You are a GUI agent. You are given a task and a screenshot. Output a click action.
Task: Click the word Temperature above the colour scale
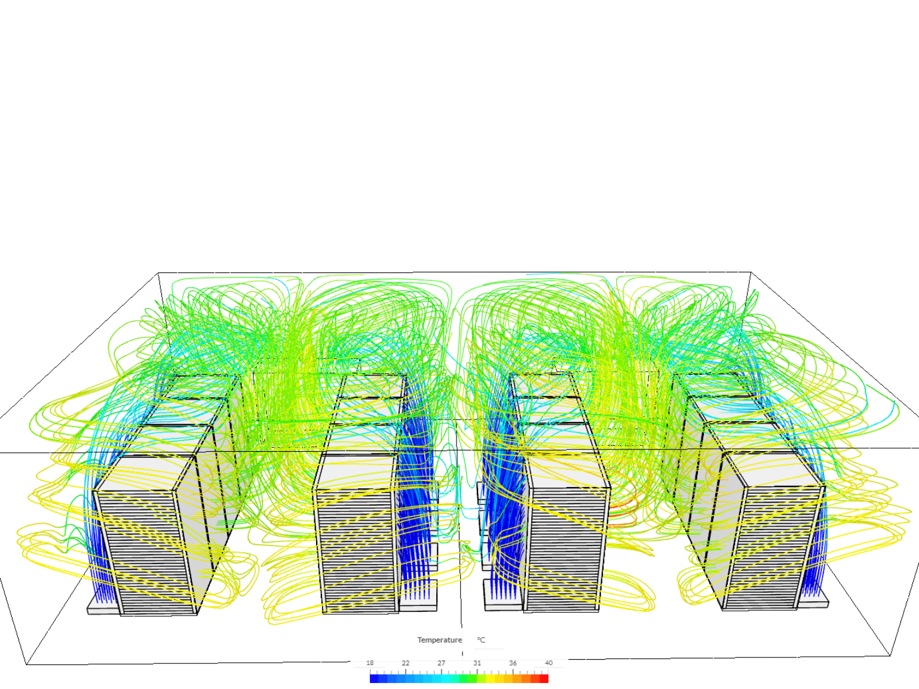tap(439, 640)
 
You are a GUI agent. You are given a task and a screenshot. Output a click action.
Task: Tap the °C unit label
tap(481, 640)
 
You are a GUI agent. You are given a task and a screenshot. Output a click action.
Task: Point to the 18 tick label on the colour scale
tap(370, 663)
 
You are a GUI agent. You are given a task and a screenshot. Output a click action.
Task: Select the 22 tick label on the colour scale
tap(406, 663)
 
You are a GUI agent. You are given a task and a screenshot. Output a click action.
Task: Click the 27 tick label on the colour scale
tap(441, 663)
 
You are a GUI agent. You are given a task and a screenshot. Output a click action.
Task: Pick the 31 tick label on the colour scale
tap(477, 663)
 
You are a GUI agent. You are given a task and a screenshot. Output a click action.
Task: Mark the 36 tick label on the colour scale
tap(513, 663)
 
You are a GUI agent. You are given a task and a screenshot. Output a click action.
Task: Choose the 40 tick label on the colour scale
tap(549, 663)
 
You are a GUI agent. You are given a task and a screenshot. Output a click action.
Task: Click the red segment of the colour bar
tap(544, 678)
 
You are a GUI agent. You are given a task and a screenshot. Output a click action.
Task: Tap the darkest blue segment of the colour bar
tap(374, 678)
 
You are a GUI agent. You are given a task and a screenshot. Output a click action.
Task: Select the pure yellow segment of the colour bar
tap(491, 678)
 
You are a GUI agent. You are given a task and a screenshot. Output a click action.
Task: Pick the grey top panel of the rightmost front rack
tap(777, 469)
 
